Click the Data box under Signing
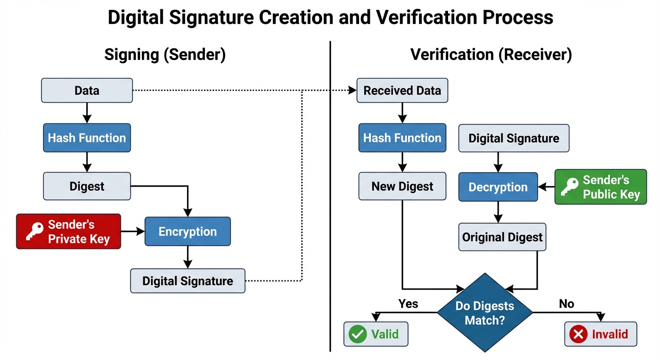[87, 90]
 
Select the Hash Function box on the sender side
[87, 138]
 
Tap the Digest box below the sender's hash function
[87, 186]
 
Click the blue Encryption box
[187, 232]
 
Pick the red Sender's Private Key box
[68, 232]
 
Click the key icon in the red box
[35, 232]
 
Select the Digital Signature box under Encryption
[187, 281]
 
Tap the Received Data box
[402, 90]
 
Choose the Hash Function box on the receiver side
[402, 138]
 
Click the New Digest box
[402, 186]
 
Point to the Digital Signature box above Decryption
[514, 138]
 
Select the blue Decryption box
[498, 187]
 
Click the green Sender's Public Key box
[600, 187]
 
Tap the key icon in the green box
[570, 187]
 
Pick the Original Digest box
[502, 237]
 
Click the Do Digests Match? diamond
[485, 313]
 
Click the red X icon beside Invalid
[578, 334]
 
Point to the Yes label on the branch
[408, 304]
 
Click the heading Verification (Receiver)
[491, 55]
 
